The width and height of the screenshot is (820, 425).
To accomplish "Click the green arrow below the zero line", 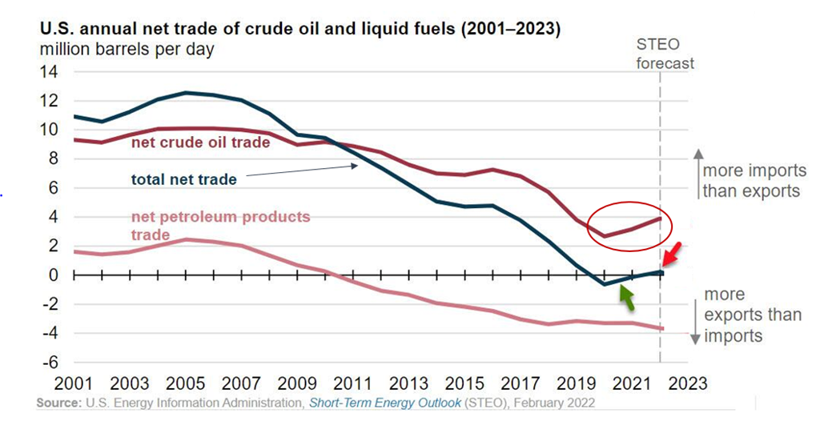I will (627, 298).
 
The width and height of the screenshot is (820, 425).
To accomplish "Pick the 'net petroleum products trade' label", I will (219, 226).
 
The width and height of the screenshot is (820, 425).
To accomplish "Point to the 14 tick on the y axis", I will (49, 72).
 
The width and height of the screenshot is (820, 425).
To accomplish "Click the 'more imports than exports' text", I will (751, 181).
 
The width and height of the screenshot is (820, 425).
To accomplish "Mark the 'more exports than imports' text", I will (752, 315).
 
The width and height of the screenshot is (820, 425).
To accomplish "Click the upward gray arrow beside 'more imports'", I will (695, 173).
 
